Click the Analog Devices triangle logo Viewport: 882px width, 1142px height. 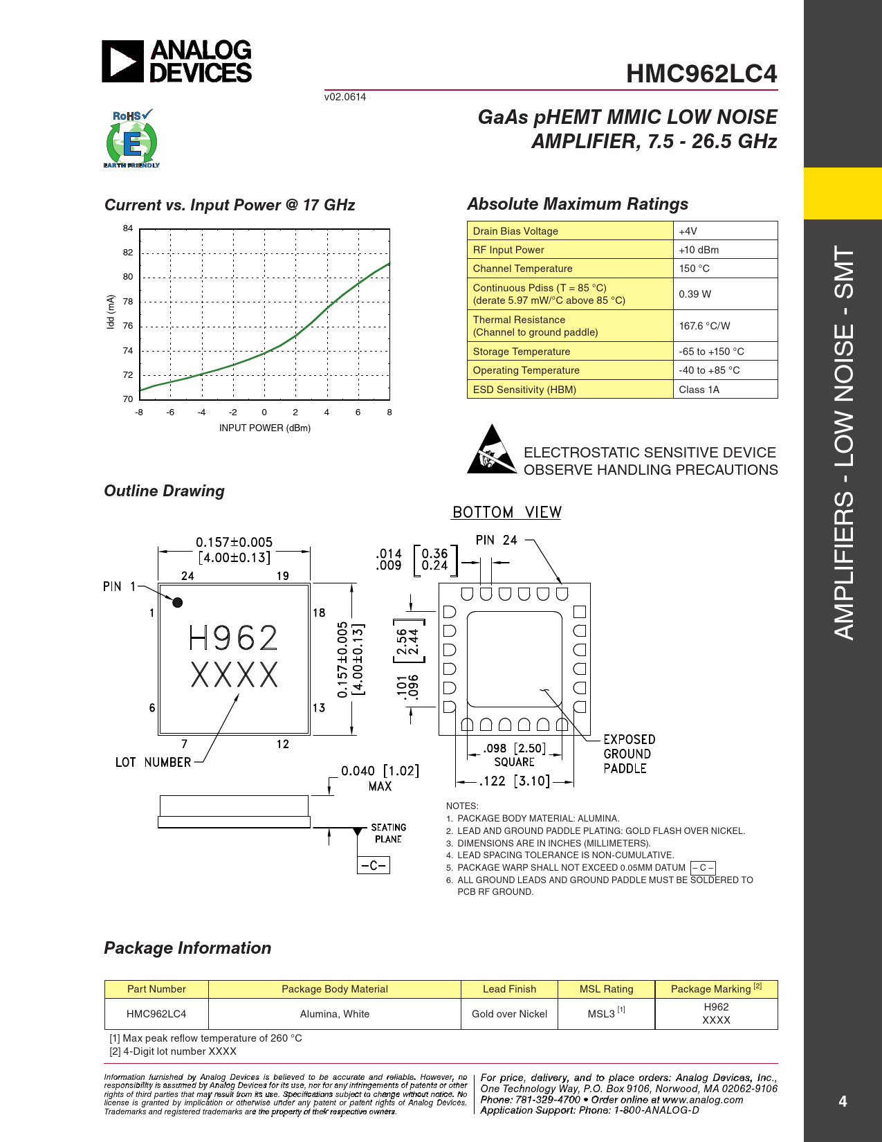click(x=122, y=61)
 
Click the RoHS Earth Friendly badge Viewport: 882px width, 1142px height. click(x=131, y=138)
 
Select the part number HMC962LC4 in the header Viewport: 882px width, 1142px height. click(x=701, y=73)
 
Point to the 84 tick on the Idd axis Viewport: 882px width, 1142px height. click(x=128, y=228)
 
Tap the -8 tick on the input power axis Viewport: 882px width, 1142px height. click(x=138, y=412)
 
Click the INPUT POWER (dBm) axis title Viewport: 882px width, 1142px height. click(x=265, y=428)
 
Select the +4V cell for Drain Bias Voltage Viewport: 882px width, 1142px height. click(x=725, y=230)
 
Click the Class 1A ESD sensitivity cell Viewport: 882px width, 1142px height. click(x=725, y=390)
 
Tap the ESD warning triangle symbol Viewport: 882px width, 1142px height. click(x=492, y=449)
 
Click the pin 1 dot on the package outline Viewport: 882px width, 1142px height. click(x=178, y=602)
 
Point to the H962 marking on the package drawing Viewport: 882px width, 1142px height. click(x=232, y=638)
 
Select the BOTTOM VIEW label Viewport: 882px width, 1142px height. click(x=507, y=512)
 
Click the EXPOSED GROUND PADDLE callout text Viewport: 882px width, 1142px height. click(x=630, y=754)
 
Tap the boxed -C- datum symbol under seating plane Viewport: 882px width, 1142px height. click(x=374, y=865)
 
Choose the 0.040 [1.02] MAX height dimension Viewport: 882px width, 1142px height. click(x=380, y=778)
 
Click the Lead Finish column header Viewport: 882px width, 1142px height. click(x=509, y=988)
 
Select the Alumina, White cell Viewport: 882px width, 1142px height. click(x=335, y=1014)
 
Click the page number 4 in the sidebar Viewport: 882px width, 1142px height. click(x=843, y=1101)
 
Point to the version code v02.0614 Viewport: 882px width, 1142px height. click(x=344, y=97)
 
